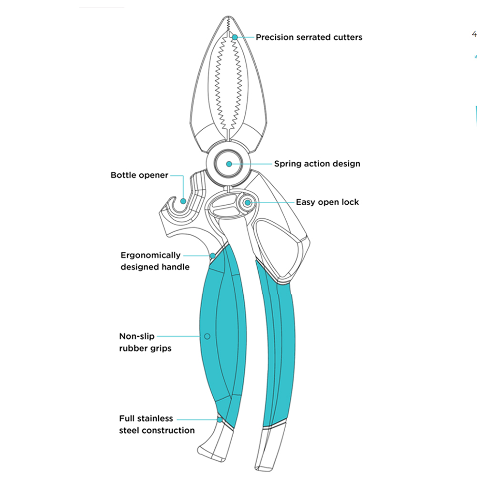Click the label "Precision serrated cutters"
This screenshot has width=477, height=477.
309,37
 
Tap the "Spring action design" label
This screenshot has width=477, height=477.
317,164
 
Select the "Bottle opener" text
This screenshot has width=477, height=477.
139,175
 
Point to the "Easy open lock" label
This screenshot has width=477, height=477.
327,202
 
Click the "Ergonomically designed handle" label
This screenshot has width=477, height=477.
151,261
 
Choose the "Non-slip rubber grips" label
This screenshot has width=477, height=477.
145,342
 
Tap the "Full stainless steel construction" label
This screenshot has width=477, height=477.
156,425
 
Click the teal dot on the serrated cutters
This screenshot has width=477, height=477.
235,37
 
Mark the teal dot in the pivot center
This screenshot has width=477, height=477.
229,164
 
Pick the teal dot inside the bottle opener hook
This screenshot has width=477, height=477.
183,201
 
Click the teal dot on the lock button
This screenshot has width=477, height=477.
248,203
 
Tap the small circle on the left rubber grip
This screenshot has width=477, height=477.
207,336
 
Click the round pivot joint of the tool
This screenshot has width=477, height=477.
229,164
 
